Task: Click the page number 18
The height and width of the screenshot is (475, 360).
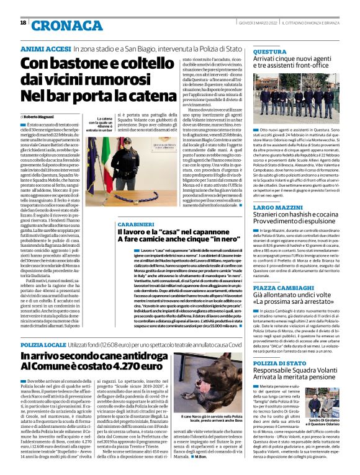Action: [23, 23]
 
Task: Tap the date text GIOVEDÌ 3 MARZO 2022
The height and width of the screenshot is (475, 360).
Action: [255, 23]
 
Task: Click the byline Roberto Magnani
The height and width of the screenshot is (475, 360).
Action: [40, 117]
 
